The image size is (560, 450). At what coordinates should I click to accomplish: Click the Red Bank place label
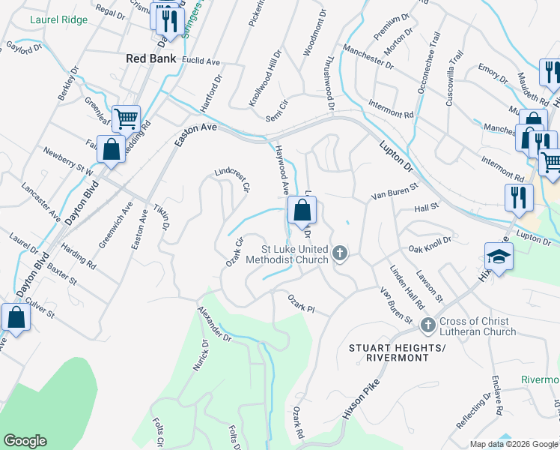click(151, 58)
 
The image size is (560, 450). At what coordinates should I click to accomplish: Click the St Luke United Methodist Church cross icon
click(340, 253)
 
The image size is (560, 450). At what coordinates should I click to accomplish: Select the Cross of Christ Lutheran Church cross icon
click(427, 325)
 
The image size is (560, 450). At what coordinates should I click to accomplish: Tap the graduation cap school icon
click(499, 256)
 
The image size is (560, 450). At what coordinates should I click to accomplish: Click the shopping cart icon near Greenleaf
click(127, 118)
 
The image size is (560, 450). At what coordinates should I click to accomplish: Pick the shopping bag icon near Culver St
click(16, 316)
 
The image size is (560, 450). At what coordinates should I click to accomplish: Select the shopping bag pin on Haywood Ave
click(302, 213)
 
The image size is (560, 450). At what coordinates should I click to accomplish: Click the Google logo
click(25, 441)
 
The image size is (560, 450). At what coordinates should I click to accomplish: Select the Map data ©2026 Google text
click(514, 444)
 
